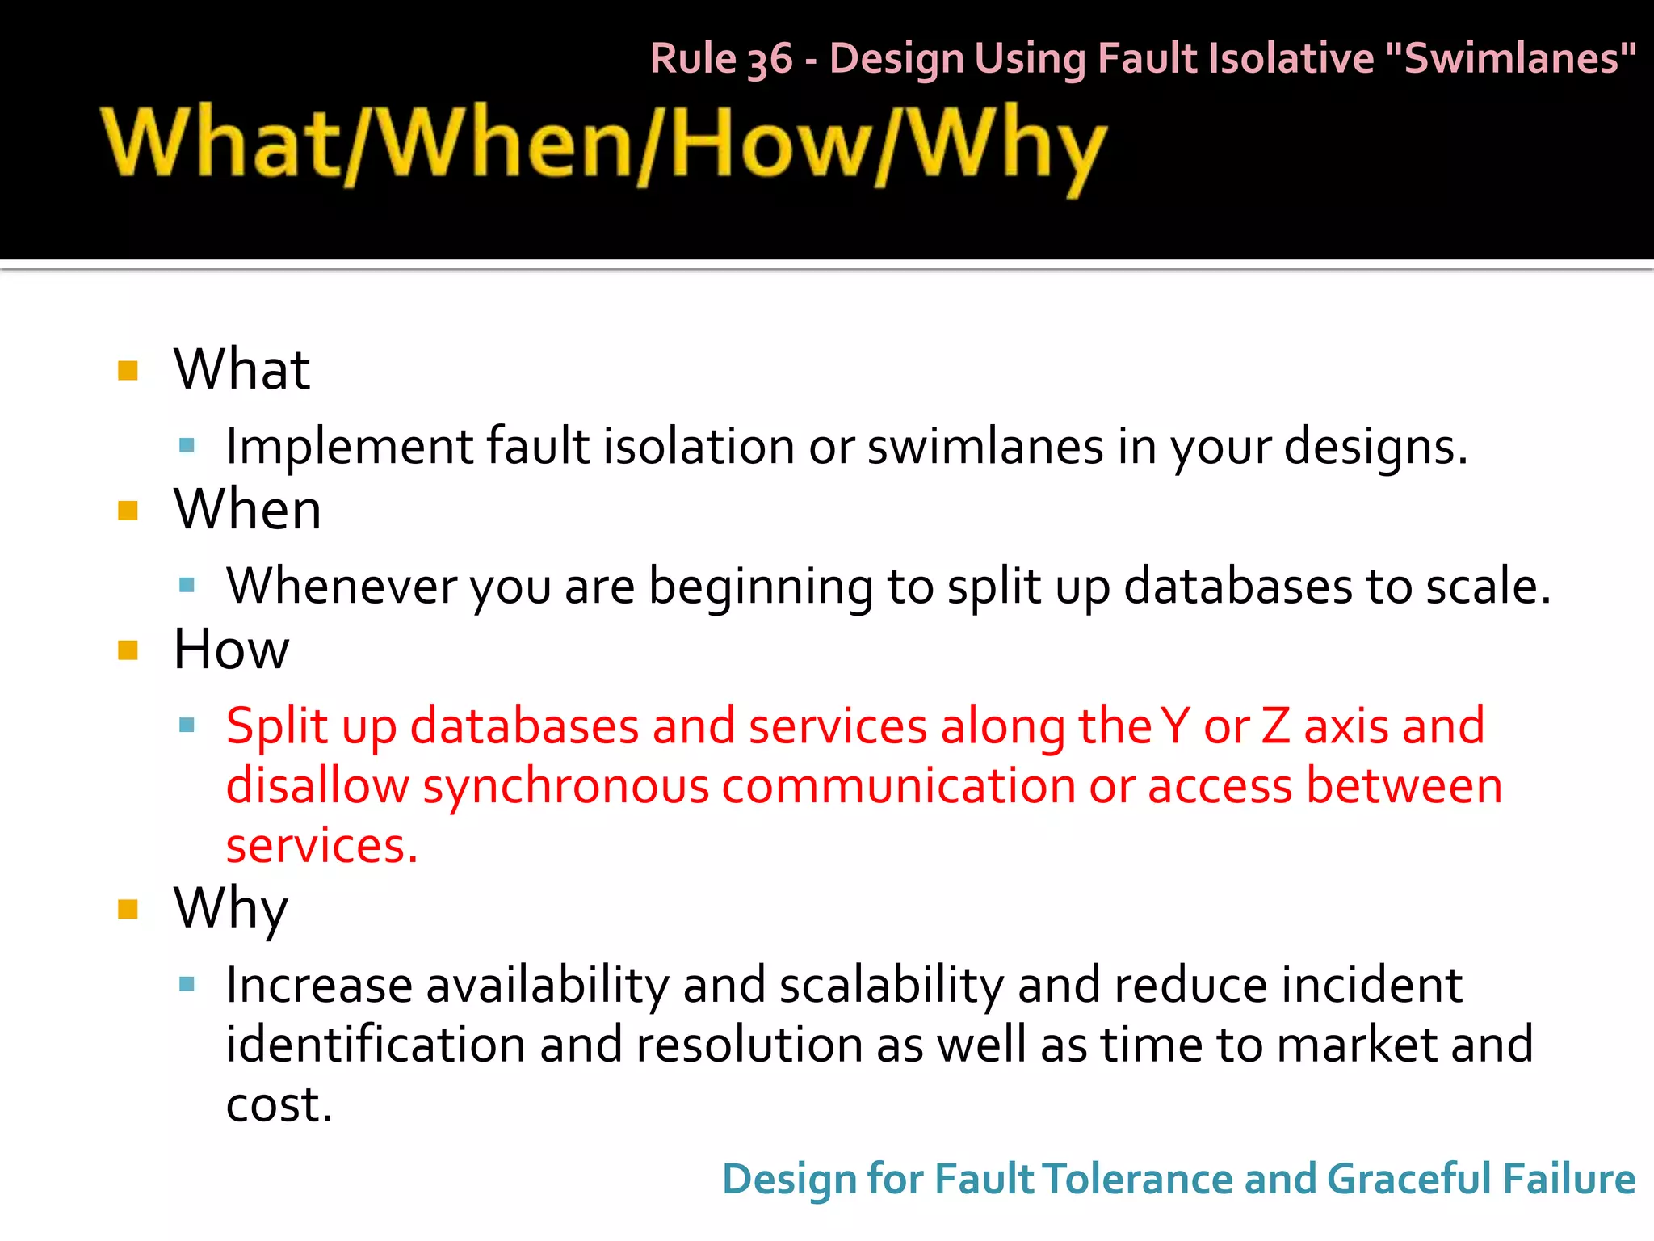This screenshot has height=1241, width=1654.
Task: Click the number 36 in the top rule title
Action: click(770, 60)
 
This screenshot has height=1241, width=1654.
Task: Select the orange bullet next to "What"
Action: click(128, 371)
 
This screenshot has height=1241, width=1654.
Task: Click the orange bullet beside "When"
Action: click(128, 511)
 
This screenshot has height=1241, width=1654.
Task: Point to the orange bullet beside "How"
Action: click(128, 650)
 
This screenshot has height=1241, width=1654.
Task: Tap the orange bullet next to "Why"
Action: click(128, 910)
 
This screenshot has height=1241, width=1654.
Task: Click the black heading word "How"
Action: click(231, 650)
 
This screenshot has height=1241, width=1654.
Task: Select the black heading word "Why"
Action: click(230, 910)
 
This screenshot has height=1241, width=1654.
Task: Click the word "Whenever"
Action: click(342, 586)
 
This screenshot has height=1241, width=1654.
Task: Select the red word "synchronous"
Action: click(565, 786)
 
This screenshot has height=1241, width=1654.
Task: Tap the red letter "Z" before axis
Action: click(1275, 726)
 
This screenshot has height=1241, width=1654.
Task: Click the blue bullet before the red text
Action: click(187, 725)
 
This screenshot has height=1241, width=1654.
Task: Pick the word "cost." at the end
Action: click(279, 1105)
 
